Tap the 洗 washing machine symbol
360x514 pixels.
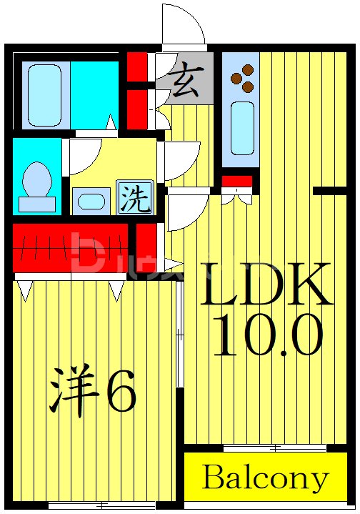point(134,197)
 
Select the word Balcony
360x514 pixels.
point(265,478)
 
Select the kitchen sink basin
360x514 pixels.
point(243,127)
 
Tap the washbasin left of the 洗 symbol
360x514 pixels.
point(91,200)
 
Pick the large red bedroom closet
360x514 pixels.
point(70,247)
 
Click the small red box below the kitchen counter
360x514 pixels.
point(236,181)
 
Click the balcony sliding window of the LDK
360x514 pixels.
point(266,448)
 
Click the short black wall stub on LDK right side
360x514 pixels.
point(330,190)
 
